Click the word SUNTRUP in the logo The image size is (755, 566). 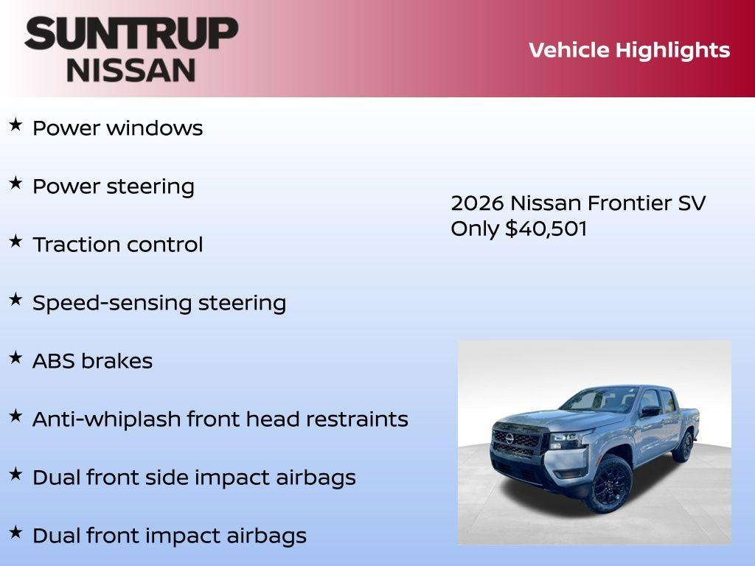point(131,34)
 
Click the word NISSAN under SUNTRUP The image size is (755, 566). point(131,70)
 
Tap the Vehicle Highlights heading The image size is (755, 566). point(629,50)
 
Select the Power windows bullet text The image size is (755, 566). point(117,127)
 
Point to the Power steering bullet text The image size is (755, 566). point(114,186)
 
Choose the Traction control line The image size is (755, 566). point(117,245)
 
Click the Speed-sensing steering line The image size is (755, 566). point(159,303)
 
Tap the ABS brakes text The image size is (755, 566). point(92,361)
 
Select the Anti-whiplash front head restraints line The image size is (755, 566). point(220,419)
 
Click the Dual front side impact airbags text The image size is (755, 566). point(194,478)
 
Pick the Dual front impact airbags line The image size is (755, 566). point(169,536)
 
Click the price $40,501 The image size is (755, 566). point(546,228)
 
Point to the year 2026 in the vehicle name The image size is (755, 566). point(477,203)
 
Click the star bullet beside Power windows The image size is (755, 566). point(15,125)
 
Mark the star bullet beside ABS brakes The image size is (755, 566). point(15,358)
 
